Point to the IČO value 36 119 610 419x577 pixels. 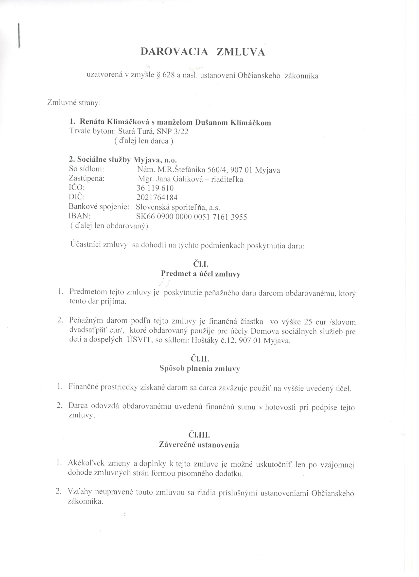click(155, 188)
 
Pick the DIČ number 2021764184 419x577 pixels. click(157, 198)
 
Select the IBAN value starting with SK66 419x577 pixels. click(192, 217)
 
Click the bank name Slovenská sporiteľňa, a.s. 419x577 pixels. click(178, 207)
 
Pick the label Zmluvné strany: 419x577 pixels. click(74, 103)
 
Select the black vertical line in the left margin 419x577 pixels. click(19, 35)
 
